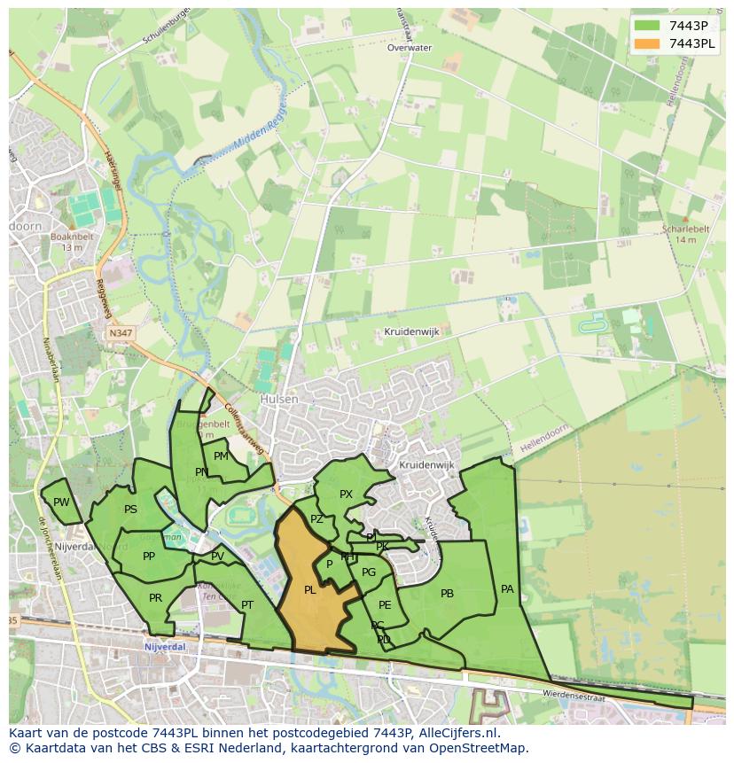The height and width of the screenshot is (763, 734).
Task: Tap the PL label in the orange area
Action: click(309, 589)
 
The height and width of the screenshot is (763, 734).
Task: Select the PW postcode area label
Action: click(60, 502)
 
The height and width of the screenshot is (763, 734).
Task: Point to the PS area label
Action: click(130, 510)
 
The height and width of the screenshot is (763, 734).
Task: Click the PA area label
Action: click(507, 588)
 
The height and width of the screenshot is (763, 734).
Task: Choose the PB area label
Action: click(447, 594)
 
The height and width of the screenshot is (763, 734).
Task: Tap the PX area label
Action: click(346, 494)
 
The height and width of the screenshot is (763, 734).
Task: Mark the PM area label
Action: click(221, 456)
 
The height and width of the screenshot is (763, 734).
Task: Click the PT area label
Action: click(247, 605)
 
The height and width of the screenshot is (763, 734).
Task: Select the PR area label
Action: click(155, 598)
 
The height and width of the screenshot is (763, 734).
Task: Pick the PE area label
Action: click(385, 605)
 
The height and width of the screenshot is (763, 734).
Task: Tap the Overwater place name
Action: click(409, 48)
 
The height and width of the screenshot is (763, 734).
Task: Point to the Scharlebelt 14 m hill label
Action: click(685, 233)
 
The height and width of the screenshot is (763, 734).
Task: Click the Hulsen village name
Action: click(278, 400)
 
